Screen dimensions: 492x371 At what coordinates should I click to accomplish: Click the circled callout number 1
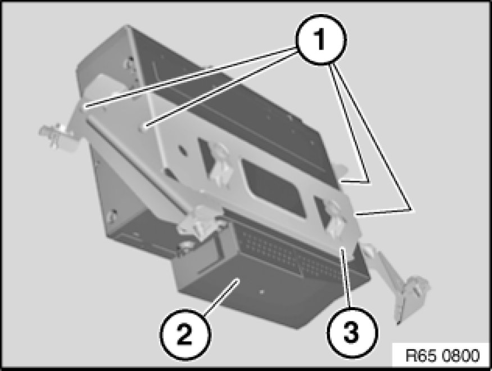tap(321, 39)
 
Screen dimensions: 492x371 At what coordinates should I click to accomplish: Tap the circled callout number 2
tap(186, 333)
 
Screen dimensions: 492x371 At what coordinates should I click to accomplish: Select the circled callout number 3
tap(352, 332)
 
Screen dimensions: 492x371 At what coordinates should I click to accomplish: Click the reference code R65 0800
tap(443, 356)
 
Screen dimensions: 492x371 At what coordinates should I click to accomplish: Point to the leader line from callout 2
tap(220, 296)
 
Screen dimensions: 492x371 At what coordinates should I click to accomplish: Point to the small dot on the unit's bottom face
tap(262, 292)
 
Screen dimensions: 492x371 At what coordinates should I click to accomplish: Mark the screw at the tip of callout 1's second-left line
tap(145, 126)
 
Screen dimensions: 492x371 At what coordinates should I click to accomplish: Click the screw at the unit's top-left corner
tap(129, 64)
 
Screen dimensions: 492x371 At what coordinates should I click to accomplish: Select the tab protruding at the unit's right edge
tap(343, 170)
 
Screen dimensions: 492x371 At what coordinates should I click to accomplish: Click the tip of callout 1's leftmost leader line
tap(85, 108)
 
